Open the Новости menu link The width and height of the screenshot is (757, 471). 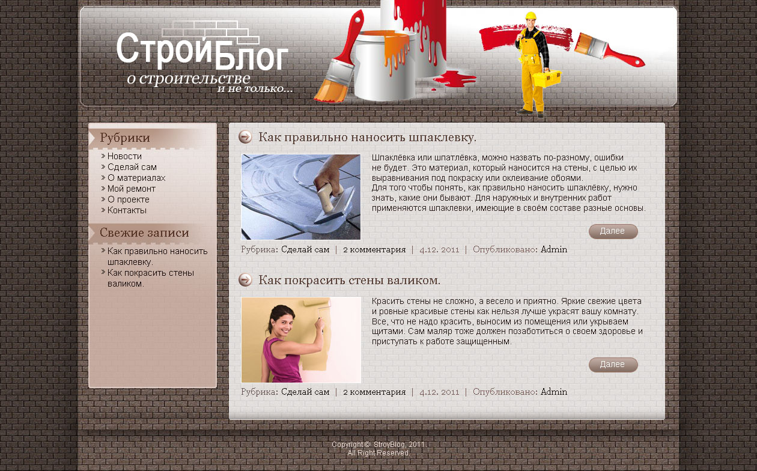pyautogui.click(x=124, y=156)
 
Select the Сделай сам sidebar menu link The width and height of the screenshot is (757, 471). pyautogui.click(x=132, y=167)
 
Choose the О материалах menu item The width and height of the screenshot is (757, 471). pyautogui.click(x=136, y=178)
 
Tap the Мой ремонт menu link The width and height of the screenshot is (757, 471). pyautogui.click(x=131, y=189)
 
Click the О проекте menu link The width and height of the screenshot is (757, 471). pyautogui.click(x=128, y=199)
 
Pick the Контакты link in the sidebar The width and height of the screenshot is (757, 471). pyautogui.click(x=127, y=210)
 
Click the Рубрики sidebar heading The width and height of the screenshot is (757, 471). pyautogui.click(x=125, y=138)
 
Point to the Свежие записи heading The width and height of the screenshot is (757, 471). pyautogui.click(x=144, y=233)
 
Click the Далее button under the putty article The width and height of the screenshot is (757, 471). pyautogui.click(x=613, y=231)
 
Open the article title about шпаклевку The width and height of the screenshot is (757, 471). pyautogui.click(x=367, y=138)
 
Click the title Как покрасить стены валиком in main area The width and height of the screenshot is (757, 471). pyautogui.click(x=349, y=281)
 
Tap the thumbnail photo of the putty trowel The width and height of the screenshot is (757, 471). pyautogui.click(x=301, y=197)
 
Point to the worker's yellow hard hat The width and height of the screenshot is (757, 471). pyautogui.click(x=531, y=16)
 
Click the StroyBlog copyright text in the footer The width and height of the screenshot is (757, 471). pyautogui.click(x=378, y=445)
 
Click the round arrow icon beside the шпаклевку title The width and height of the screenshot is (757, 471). pyautogui.click(x=245, y=137)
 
